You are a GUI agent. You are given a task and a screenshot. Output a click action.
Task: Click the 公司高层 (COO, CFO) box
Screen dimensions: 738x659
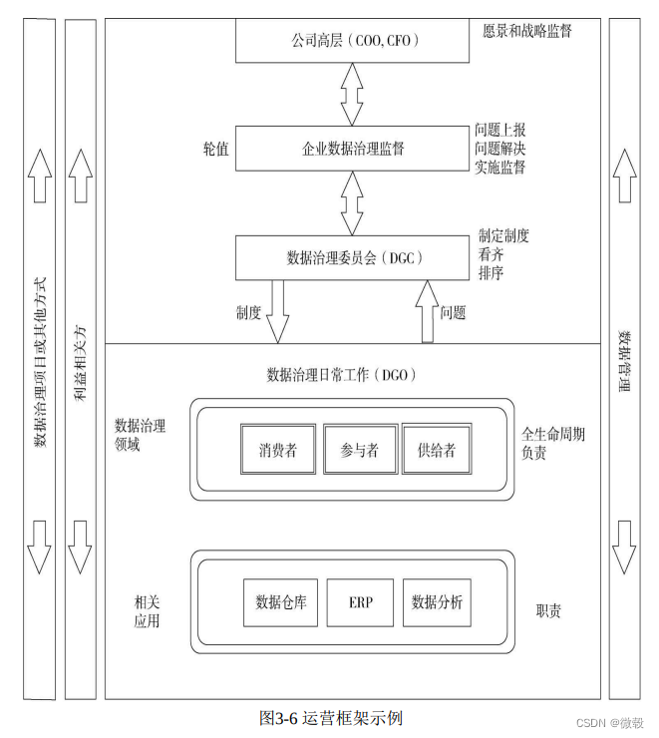click(352, 42)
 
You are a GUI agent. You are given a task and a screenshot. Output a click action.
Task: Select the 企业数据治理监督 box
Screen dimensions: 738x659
click(352, 149)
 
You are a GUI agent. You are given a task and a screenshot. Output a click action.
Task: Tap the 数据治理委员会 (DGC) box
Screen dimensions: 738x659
click(354, 258)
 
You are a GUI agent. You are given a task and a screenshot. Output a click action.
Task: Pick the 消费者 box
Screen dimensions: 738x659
click(277, 450)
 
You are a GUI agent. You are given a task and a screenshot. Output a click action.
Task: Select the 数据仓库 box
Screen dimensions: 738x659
click(280, 602)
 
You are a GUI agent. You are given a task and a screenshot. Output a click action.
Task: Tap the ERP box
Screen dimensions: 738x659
click(360, 602)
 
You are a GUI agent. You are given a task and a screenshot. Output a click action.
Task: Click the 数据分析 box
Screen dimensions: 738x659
click(437, 602)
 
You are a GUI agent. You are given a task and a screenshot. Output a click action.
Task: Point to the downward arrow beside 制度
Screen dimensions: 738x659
click(278, 310)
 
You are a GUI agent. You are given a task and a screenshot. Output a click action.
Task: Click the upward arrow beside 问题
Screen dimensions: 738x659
click(426, 310)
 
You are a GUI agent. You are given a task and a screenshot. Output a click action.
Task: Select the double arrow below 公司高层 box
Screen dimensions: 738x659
click(351, 94)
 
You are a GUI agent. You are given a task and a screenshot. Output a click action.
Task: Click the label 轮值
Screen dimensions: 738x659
click(214, 149)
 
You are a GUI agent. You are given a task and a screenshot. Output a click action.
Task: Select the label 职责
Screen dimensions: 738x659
click(547, 609)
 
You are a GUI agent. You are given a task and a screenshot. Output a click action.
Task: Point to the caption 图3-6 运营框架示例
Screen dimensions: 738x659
click(330, 718)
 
